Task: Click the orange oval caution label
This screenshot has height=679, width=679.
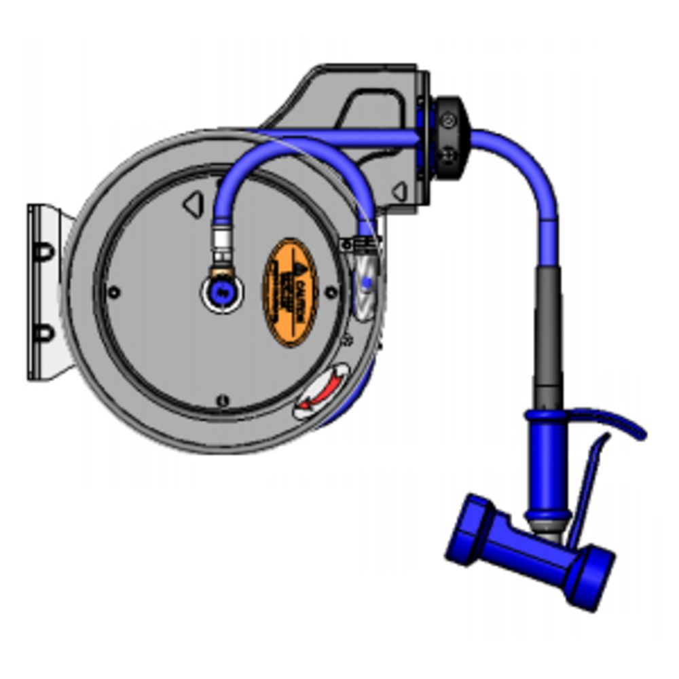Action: point(291,292)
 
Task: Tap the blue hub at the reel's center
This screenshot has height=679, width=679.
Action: point(222,293)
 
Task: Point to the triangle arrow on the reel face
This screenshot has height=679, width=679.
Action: point(194,203)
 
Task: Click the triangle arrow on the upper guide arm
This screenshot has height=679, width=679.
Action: point(401,192)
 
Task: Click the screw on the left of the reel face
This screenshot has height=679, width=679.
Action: point(114,292)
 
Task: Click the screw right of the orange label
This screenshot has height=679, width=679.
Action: point(331,292)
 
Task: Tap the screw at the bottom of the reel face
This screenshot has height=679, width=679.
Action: point(222,401)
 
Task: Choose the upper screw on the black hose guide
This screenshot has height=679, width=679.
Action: point(449,121)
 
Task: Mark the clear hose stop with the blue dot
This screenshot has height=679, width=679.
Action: point(365,282)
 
